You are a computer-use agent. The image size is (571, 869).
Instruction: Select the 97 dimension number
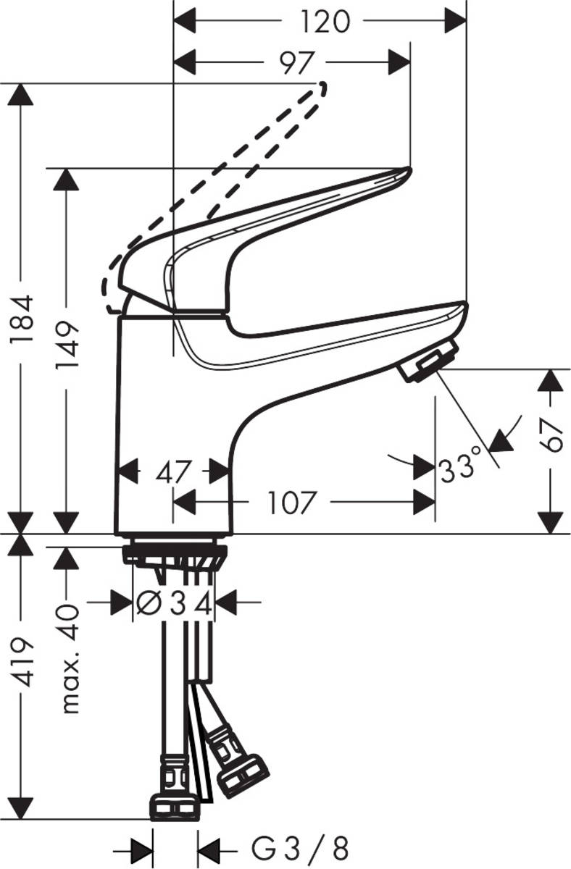tap(296, 63)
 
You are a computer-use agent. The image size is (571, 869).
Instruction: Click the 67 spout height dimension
tap(552, 435)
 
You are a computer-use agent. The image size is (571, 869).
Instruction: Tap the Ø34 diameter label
tap(175, 603)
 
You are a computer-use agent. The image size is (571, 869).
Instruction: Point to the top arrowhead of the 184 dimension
tap(22, 95)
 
